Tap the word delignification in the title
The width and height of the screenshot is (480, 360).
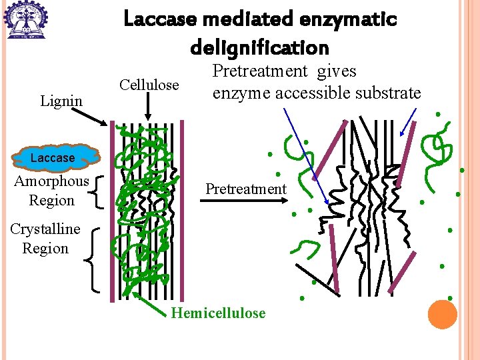tap(259, 47)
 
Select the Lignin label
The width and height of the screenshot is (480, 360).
tap(61, 101)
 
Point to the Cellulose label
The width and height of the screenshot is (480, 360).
tap(149, 85)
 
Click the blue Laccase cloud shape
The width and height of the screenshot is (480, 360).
tap(53, 157)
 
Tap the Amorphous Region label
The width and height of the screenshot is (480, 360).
tap(51, 191)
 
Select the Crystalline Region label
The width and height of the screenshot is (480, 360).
tap(45, 239)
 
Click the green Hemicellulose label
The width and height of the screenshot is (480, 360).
tap(218, 313)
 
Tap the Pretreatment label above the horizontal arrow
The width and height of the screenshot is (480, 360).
tap(245, 189)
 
